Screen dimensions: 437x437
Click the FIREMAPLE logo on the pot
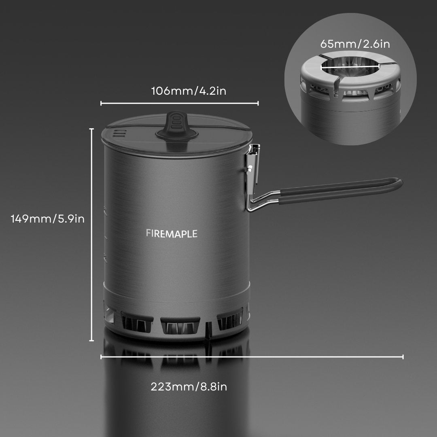coord(172,233)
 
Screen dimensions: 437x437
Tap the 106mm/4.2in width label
coord(189,91)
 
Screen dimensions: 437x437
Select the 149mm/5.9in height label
coord(48,219)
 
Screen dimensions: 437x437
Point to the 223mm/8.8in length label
coord(189,386)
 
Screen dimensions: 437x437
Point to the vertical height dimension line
coord(92,235)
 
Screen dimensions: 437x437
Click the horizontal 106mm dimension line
coord(179,104)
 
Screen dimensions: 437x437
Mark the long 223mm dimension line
coord(252,356)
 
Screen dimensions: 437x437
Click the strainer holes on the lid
coord(117,133)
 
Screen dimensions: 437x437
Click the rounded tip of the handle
coord(398,183)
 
